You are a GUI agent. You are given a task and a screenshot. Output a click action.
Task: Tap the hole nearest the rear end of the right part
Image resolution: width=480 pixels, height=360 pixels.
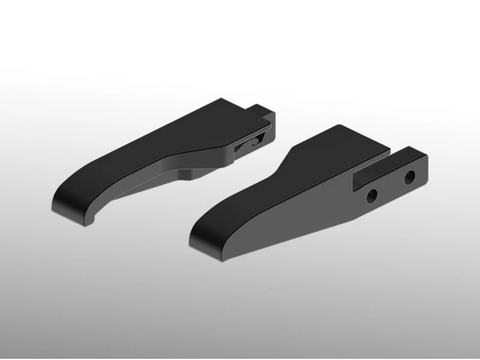[410, 178]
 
